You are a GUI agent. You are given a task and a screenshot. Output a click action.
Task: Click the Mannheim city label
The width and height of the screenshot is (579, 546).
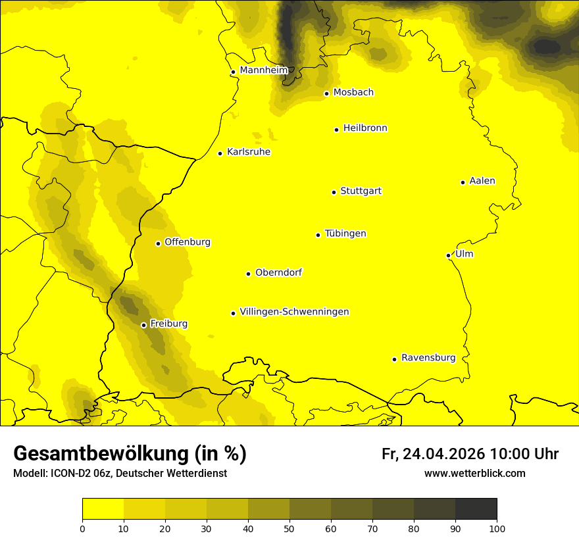(x=263, y=70)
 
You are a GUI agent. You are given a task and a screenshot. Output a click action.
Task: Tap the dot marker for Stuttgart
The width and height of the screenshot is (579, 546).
(x=334, y=192)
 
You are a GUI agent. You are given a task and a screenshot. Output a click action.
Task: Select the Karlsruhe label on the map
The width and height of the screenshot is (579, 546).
(x=248, y=152)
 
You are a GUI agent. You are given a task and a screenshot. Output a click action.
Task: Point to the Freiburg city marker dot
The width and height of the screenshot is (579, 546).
(x=143, y=325)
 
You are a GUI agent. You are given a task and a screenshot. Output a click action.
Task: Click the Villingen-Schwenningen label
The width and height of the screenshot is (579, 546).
(x=294, y=312)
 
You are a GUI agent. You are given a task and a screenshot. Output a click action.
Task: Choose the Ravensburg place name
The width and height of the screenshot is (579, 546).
(x=428, y=358)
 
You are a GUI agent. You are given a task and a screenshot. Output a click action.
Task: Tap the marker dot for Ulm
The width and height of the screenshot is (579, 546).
(x=448, y=255)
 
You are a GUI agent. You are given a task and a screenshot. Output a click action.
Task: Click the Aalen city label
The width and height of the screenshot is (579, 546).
(x=482, y=181)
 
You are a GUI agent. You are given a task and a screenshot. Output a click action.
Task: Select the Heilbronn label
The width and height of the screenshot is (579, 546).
(x=365, y=128)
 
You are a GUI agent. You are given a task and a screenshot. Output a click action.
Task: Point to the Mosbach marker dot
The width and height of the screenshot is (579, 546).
(x=326, y=93)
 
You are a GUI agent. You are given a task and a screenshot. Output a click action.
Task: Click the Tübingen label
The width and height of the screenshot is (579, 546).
(x=345, y=234)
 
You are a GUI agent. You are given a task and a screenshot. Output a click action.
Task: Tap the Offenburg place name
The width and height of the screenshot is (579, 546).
(x=187, y=242)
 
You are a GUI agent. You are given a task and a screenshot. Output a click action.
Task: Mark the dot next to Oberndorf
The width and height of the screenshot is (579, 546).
(x=249, y=274)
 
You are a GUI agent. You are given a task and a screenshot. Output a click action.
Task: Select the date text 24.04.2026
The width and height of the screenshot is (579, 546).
(x=443, y=454)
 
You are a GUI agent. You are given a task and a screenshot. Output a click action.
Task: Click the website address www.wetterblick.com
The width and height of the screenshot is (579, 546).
(x=474, y=474)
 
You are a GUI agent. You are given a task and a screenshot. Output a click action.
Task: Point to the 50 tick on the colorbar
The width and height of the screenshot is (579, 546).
(x=289, y=528)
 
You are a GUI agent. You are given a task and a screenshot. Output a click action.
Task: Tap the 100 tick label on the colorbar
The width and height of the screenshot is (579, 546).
(x=497, y=528)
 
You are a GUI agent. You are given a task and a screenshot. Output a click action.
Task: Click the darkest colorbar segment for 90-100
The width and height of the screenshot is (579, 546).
(x=476, y=509)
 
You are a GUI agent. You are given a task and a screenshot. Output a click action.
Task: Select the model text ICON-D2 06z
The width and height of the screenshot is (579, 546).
(x=78, y=474)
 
